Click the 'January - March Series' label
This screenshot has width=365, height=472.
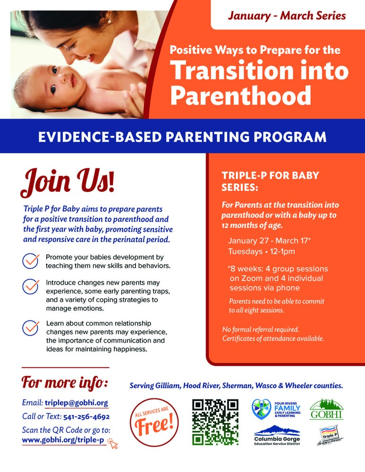[x=287, y=16]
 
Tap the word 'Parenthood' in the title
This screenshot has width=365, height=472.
[x=241, y=96]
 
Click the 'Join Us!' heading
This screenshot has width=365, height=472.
[x=67, y=182]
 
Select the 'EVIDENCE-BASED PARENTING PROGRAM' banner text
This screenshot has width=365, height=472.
[x=182, y=137]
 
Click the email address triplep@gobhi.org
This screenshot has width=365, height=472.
[x=76, y=403]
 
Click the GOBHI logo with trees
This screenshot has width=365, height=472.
[x=326, y=409]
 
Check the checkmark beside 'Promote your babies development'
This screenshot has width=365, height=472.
[x=31, y=261]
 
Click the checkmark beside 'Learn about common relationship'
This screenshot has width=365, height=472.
[x=31, y=328]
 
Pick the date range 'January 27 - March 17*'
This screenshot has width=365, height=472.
[x=269, y=241]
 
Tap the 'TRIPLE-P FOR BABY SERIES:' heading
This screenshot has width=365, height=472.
[x=271, y=181]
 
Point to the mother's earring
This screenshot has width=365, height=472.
[x=109, y=22]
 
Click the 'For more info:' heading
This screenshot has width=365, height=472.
[x=65, y=381]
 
